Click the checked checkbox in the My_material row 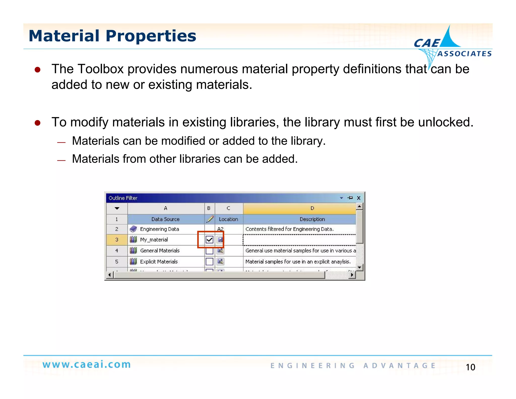209,239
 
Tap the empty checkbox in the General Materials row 209,251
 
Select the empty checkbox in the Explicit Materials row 209,262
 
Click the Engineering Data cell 159,229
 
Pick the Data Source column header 165,219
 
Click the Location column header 228,219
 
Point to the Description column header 312,219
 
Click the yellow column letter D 312,208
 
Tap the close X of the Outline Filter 359,198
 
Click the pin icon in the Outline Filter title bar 350,198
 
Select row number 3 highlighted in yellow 117,240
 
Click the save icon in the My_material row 220,239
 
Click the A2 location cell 221,229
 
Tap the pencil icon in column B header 210,219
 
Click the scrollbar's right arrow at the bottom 352,275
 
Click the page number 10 470,367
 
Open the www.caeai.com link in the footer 87,364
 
